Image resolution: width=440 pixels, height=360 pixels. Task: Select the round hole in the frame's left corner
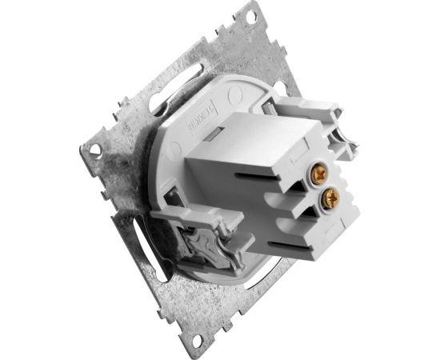point(94,150)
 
